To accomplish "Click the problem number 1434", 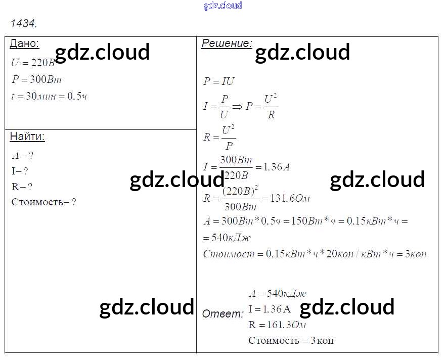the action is coord(23,23).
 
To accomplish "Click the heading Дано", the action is coord(24,43).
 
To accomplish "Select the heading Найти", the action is coord(27,137).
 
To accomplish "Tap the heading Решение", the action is coord(227,43).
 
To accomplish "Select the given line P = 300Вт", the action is coord(36,79).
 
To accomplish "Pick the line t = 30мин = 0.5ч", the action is coord(49,96).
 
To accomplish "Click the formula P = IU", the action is coord(219,81).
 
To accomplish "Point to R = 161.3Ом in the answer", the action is coord(278,325).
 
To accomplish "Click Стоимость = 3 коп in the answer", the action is coord(291,340).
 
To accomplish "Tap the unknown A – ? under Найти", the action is coord(23,156).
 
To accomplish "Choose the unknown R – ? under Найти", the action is coord(22,187).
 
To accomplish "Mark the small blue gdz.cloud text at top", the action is coord(223,6).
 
